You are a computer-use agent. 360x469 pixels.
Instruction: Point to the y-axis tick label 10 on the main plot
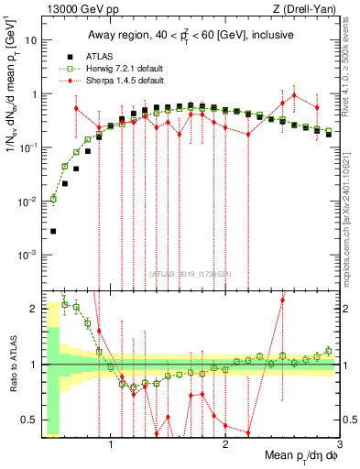coord(30,41)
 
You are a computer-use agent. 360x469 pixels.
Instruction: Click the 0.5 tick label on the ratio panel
coord(27,420)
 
